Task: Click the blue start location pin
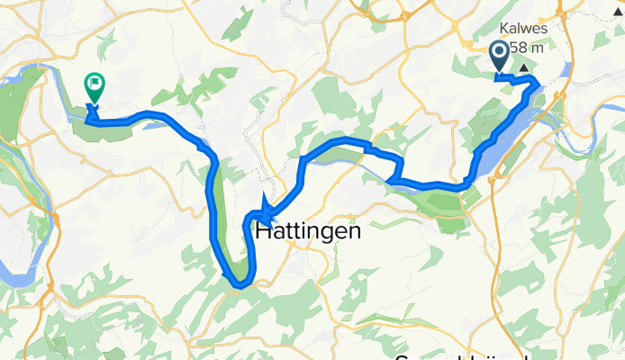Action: (500, 57)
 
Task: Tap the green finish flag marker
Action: (93, 86)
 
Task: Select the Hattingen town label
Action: (308, 231)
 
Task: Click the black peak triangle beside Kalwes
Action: (524, 67)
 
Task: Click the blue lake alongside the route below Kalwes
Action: (504, 144)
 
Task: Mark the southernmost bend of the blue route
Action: (239, 285)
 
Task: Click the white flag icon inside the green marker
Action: (94, 84)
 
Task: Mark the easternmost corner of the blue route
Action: (539, 84)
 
